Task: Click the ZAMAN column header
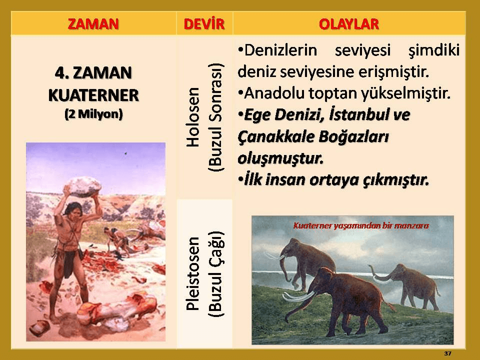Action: point(93,24)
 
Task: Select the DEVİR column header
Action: point(204,24)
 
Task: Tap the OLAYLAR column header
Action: point(349,24)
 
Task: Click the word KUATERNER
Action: point(93,95)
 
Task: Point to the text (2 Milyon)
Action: point(93,114)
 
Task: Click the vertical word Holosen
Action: point(193,117)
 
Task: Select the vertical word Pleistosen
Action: point(193,273)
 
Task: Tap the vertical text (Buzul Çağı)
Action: point(216,273)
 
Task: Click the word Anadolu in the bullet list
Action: point(274,93)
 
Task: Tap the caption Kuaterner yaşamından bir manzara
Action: point(361,226)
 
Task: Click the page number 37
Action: point(447,353)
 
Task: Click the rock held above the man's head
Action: point(83,186)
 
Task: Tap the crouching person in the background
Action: point(117,240)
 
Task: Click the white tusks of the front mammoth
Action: point(298,296)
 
